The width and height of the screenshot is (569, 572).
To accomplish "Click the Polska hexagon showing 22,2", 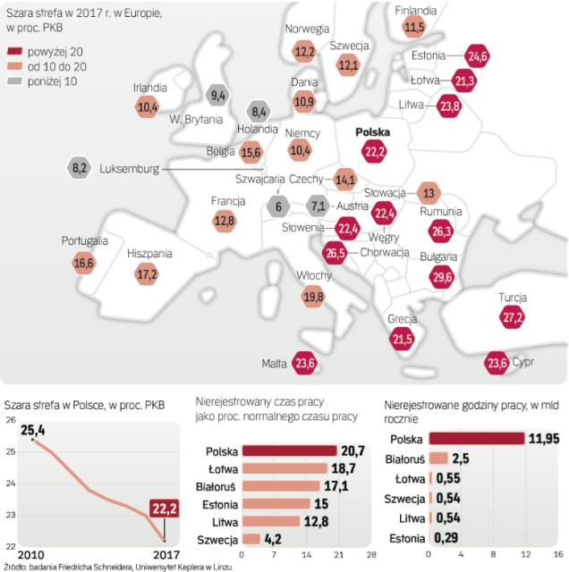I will tap(375, 153).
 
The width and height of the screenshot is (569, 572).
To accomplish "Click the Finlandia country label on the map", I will tap(415, 10).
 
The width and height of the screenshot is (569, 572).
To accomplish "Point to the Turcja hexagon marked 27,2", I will tap(512, 317).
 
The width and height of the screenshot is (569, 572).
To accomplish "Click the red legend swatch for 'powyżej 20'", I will tap(17, 54).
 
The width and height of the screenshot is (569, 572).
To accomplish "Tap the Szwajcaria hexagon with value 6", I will tap(279, 206).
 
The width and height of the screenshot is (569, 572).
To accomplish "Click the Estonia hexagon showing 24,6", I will tap(478, 55).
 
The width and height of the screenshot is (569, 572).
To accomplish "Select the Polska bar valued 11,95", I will tap(477, 439).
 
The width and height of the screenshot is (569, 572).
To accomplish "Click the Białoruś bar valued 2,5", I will tap(440, 458).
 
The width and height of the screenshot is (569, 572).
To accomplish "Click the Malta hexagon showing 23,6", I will tap(306, 362).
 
